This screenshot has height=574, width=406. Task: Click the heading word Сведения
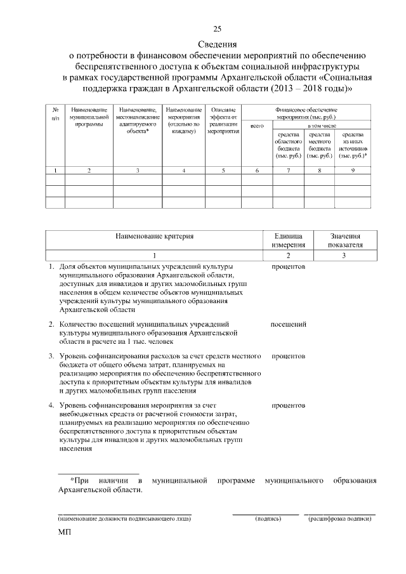tap(218, 44)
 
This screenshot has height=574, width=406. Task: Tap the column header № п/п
tap(55, 114)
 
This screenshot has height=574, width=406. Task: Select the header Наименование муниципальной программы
tap(89, 117)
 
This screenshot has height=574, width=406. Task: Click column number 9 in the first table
tap(353, 170)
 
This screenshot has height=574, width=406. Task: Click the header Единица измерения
tap(289, 240)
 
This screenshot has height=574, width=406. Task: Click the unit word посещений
tap(289, 325)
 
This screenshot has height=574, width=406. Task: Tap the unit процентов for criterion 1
tap(289, 266)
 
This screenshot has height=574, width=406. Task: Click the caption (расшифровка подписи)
tap(339, 519)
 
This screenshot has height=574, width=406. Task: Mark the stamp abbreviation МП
tap(65, 536)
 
